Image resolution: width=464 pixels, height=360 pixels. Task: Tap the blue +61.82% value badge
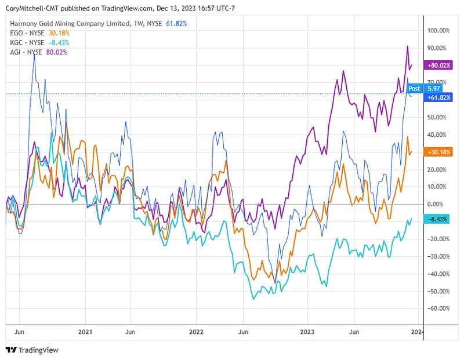click(438, 98)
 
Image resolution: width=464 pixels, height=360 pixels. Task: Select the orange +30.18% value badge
click(438, 152)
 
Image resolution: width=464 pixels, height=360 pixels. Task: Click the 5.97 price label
click(433, 88)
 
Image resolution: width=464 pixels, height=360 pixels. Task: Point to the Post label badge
click(415, 88)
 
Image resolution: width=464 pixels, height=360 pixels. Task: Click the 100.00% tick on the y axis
click(438, 30)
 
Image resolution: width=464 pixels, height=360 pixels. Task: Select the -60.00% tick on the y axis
click(438, 308)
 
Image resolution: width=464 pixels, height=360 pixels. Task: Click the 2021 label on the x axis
click(85, 333)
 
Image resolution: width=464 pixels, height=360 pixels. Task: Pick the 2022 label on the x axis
click(196, 333)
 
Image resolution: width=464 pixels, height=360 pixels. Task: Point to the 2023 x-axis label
click(307, 333)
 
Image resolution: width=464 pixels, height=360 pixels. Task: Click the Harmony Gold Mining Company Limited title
click(70, 24)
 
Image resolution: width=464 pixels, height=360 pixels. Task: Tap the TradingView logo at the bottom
click(32, 350)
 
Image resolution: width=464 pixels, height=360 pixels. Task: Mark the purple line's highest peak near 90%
click(407, 46)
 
